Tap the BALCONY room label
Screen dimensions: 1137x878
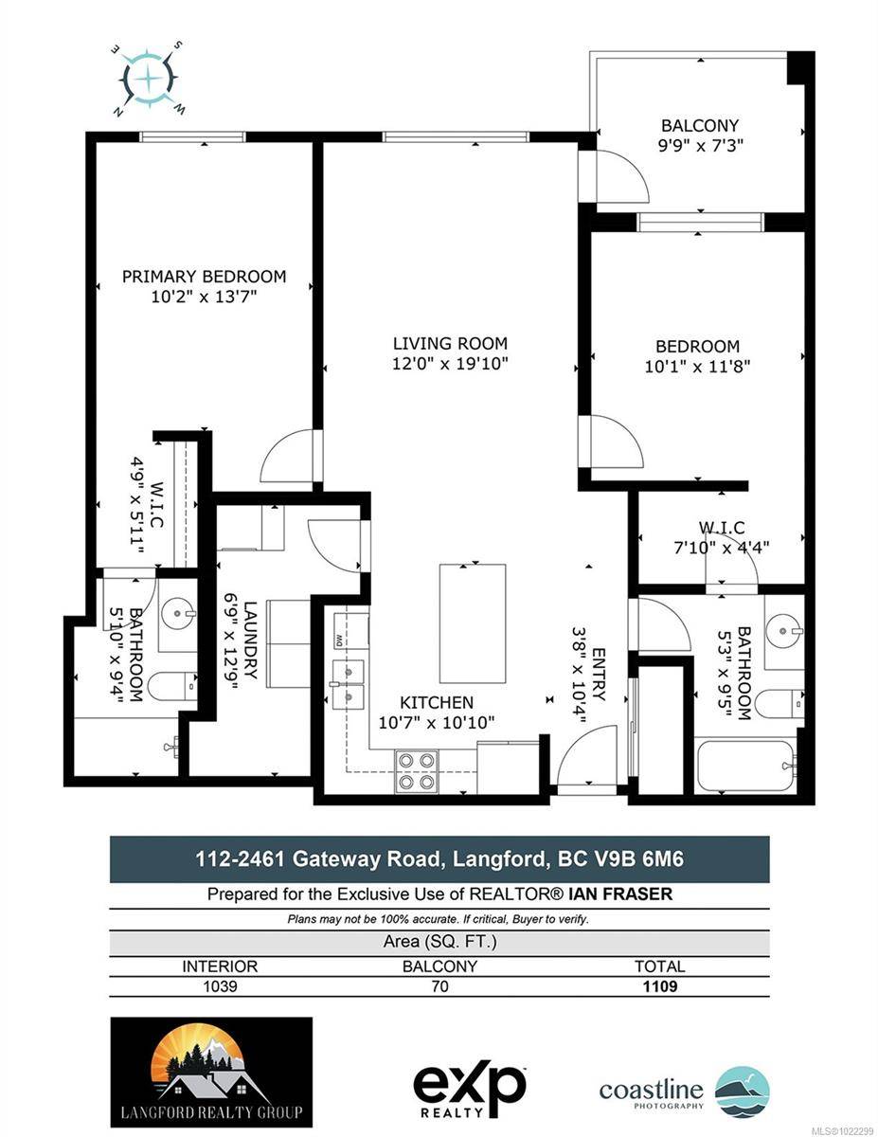click(699, 125)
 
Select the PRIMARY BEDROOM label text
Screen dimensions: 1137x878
click(204, 277)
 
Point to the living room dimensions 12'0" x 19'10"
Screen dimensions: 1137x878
click(450, 364)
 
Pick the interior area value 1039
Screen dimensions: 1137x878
click(220, 986)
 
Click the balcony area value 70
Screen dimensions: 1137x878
click(439, 986)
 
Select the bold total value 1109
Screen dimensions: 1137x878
click(659, 986)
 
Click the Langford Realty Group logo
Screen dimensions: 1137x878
click(211, 1072)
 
